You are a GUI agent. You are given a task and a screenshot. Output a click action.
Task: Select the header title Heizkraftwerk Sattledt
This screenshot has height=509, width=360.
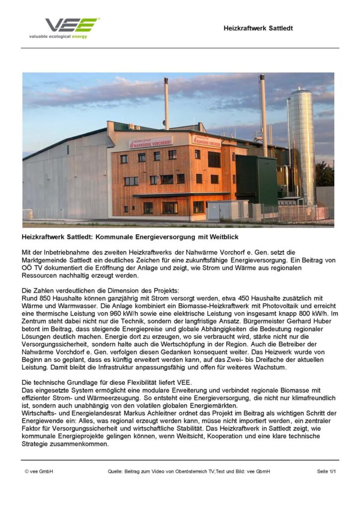tap(258, 28)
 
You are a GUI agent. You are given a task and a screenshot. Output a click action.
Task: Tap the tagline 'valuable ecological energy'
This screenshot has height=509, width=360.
tap(58, 37)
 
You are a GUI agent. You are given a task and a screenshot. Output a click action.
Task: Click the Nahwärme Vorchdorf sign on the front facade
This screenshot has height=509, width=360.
tap(150, 143)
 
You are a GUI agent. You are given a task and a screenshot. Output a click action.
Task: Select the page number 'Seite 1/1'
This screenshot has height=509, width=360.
tap(326, 471)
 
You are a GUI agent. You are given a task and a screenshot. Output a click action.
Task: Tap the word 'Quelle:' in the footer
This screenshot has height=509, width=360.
tap(116, 471)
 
